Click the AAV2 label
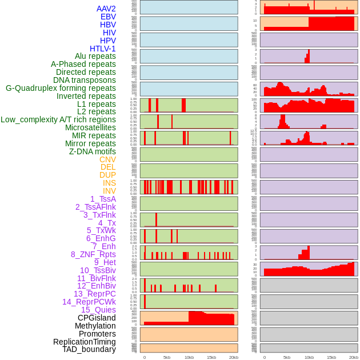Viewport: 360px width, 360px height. coord(106,9)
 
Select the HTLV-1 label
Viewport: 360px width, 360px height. coord(102,49)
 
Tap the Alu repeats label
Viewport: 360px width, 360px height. coord(95,56)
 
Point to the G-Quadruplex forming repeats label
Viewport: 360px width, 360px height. coord(61,88)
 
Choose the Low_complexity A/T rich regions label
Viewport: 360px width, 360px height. coord(58,119)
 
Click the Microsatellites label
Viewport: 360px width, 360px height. coord(90,127)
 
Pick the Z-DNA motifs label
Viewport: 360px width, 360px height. coord(93,151)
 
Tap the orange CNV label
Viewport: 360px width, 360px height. coord(107,159)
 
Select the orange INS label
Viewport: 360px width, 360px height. coord(109,183)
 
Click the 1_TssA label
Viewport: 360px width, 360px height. coord(103,199)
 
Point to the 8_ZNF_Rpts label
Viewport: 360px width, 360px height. coord(93,254)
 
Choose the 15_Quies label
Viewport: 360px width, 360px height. coord(98,310)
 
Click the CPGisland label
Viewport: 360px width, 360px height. coord(97,318)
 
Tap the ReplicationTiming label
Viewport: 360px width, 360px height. coord(84,342)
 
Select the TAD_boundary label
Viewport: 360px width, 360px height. coord(89,349)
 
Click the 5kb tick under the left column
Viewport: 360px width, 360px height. coord(167,357)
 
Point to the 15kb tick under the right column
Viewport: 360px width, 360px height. coord(331,357)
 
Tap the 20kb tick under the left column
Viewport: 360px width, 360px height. coord(233,357)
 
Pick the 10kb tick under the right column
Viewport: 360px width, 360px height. coord(309,357)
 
